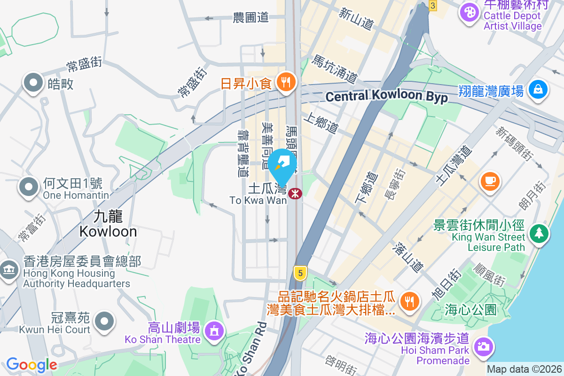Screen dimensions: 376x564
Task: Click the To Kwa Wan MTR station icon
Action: [x=295, y=193]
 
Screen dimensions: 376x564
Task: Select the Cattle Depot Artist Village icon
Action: [x=469, y=11]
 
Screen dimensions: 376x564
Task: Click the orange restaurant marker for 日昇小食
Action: [x=285, y=83]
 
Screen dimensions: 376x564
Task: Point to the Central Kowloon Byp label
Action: [x=386, y=96]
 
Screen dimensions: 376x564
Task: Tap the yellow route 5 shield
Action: [x=299, y=272]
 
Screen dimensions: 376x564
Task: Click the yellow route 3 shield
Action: [x=432, y=6]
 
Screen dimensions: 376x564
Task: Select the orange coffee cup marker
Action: [x=489, y=180]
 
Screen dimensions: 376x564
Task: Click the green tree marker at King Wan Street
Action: [x=539, y=233]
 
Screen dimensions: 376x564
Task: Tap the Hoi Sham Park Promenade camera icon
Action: [x=483, y=346]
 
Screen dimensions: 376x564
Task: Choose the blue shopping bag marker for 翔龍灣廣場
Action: [x=538, y=88]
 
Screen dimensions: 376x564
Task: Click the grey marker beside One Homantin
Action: [x=29, y=187]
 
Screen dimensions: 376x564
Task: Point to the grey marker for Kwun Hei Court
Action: [x=104, y=321]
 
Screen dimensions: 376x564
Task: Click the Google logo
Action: [x=31, y=365]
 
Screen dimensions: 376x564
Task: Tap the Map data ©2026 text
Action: [x=524, y=369]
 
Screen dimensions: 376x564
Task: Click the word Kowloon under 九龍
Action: [x=108, y=231]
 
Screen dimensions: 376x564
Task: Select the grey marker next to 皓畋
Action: [x=33, y=83]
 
